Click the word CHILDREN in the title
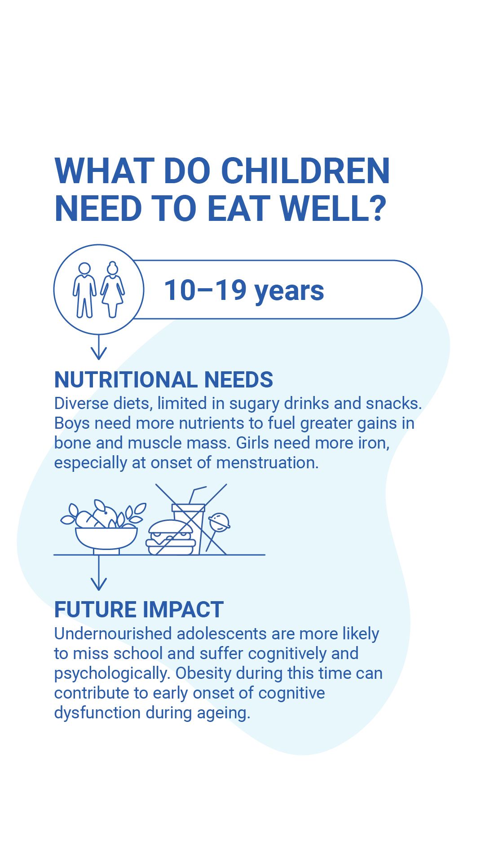pos(305,171)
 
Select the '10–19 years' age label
pos(244,290)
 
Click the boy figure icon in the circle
pos(84,290)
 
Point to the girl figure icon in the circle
pos(112,290)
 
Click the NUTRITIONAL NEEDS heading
pos(163,380)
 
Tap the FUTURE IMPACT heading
pos(139,610)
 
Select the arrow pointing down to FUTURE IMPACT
pos(99,573)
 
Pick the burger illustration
pos(171,537)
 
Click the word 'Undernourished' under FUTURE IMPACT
pos(113,634)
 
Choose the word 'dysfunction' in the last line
pos(97,713)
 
